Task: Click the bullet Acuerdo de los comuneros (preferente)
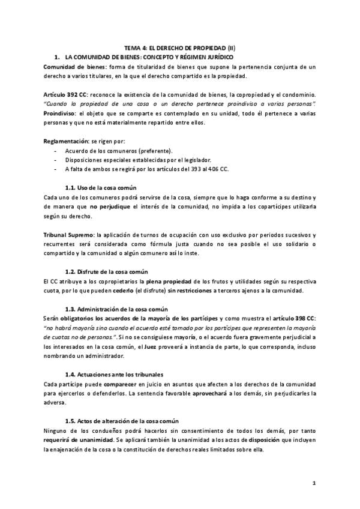119,150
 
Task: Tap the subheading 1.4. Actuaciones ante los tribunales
113,374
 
